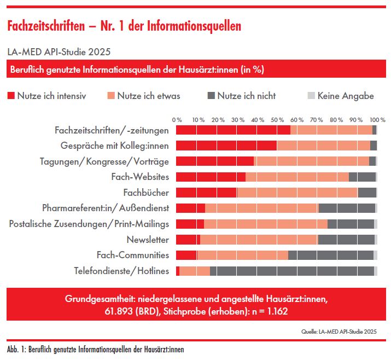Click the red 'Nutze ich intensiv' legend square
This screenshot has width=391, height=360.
(10, 96)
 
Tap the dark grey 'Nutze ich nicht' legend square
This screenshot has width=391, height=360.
(211, 96)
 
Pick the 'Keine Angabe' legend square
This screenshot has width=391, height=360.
(311, 96)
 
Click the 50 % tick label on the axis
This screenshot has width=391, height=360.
(277, 119)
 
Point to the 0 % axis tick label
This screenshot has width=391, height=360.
(177, 119)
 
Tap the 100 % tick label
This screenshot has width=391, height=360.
(377, 119)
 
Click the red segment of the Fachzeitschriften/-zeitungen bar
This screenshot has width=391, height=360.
(233, 130)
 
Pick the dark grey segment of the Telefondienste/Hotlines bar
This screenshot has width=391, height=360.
(292, 271)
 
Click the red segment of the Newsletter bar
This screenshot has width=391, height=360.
(188, 240)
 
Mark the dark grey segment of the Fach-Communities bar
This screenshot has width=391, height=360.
(331, 255)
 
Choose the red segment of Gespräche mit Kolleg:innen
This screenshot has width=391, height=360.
(226, 146)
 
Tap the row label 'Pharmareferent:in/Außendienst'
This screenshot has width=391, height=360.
(106, 208)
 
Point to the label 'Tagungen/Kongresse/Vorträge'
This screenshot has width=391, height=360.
(104, 161)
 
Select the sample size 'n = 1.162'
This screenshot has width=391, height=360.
(266, 311)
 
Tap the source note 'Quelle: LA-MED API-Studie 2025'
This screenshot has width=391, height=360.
(339, 332)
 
